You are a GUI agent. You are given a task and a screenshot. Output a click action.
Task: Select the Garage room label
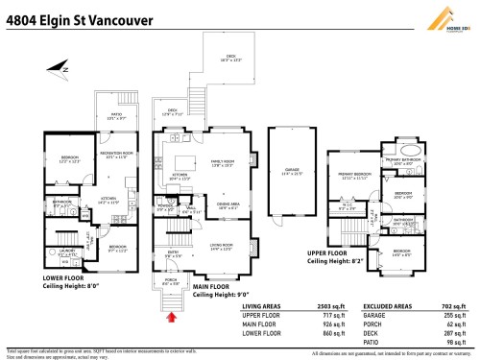coord(292,174)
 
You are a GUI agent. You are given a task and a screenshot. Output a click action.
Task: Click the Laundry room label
coord(67,252)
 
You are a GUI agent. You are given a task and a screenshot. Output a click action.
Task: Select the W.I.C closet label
coord(348,206)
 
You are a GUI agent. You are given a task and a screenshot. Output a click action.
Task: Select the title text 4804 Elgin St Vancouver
coord(64,13)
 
